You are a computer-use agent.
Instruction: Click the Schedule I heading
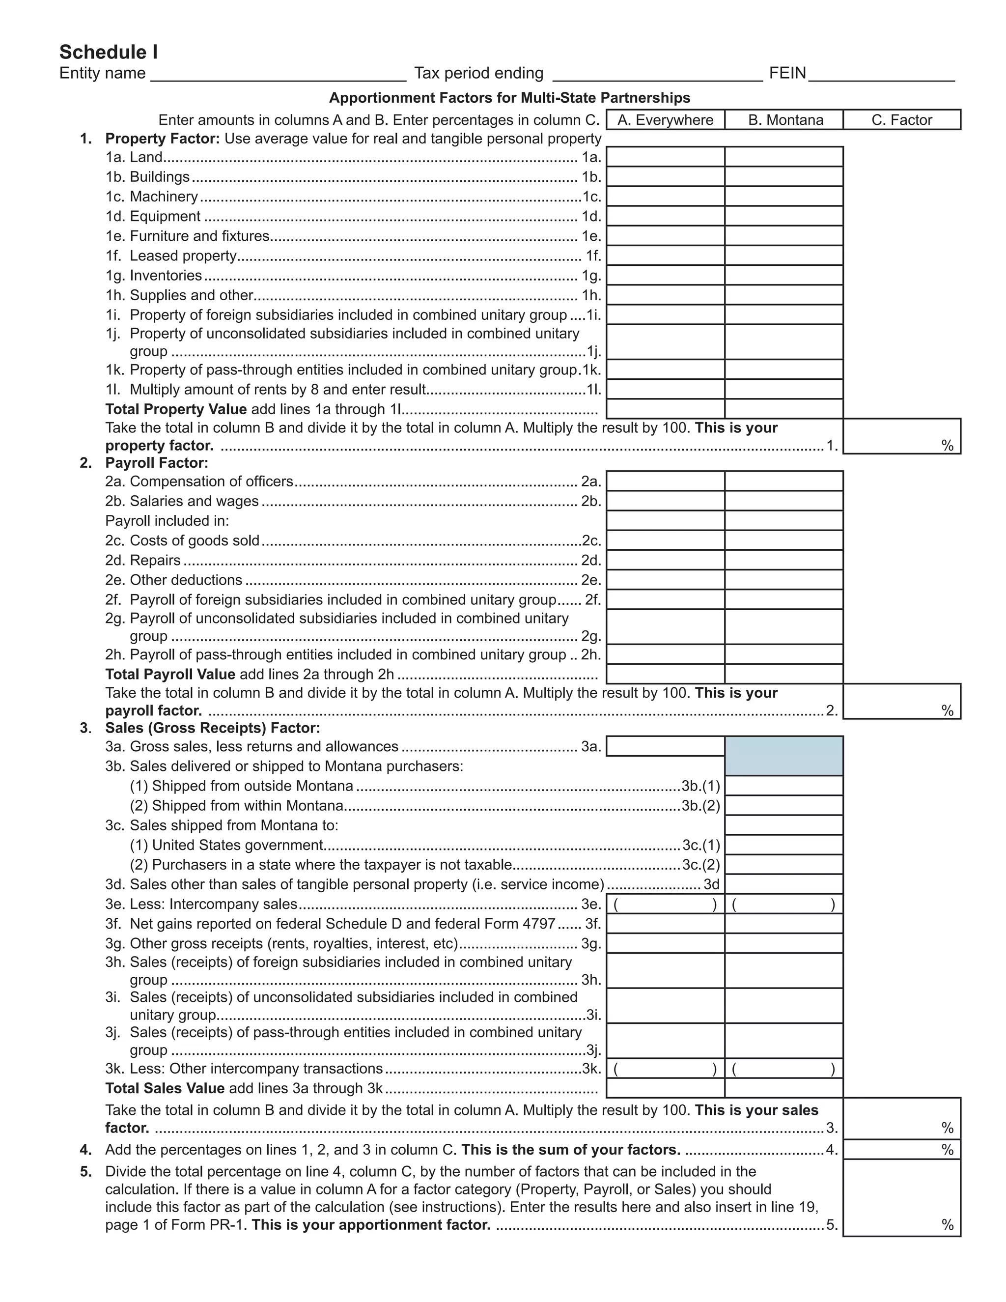tap(109, 53)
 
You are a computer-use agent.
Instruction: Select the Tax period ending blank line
tap(657, 75)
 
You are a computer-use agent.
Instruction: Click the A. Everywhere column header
tap(665, 120)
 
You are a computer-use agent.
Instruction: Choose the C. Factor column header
tap(902, 120)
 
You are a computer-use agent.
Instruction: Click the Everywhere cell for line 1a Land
tap(665, 157)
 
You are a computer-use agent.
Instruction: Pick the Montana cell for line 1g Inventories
tap(783, 276)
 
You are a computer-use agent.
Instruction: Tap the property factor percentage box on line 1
tap(902, 436)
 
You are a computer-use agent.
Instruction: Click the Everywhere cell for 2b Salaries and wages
tap(665, 501)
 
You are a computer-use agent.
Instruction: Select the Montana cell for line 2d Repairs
tap(783, 560)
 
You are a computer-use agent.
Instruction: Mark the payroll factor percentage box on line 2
tap(902, 701)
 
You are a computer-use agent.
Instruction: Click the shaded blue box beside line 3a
tap(783, 756)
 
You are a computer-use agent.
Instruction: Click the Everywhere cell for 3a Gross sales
tap(665, 746)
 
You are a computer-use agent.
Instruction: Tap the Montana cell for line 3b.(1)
tap(783, 786)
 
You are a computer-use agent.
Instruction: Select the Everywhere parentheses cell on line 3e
tap(665, 905)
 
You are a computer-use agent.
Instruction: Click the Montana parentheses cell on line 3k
tap(783, 1069)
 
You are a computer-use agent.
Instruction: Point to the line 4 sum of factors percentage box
tap(902, 1149)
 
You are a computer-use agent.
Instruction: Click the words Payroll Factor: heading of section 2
tap(157, 463)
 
